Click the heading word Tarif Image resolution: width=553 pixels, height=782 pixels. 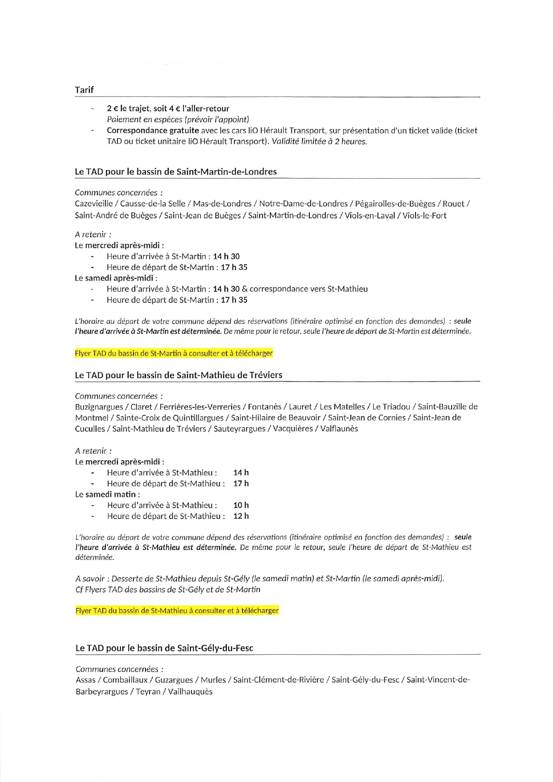point(84,90)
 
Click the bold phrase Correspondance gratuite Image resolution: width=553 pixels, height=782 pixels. point(153,130)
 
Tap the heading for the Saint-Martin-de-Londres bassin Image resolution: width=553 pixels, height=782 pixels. point(175,171)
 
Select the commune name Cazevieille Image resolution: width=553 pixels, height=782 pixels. point(94,204)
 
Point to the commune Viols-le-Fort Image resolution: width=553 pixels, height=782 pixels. point(424,215)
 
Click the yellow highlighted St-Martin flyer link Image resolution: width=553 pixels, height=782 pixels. point(174,353)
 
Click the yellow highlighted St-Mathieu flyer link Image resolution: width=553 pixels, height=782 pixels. point(177,611)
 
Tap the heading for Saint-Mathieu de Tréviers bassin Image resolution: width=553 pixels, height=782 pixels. point(179,375)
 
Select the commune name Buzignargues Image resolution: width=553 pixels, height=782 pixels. point(99,407)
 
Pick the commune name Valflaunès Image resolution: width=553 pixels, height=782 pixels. point(339,429)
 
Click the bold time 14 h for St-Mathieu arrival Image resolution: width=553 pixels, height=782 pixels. point(241,473)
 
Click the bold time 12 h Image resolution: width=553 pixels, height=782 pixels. point(241,516)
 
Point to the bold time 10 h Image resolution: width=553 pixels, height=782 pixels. point(241,505)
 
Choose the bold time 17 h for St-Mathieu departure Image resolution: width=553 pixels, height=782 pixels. point(241,483)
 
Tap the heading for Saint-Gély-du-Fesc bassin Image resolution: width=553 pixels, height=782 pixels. point(164,648)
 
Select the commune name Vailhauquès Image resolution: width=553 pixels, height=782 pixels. point(190,691)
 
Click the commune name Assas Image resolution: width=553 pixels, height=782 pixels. point(85,680)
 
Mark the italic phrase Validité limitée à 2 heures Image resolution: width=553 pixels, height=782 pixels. point(319,142)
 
